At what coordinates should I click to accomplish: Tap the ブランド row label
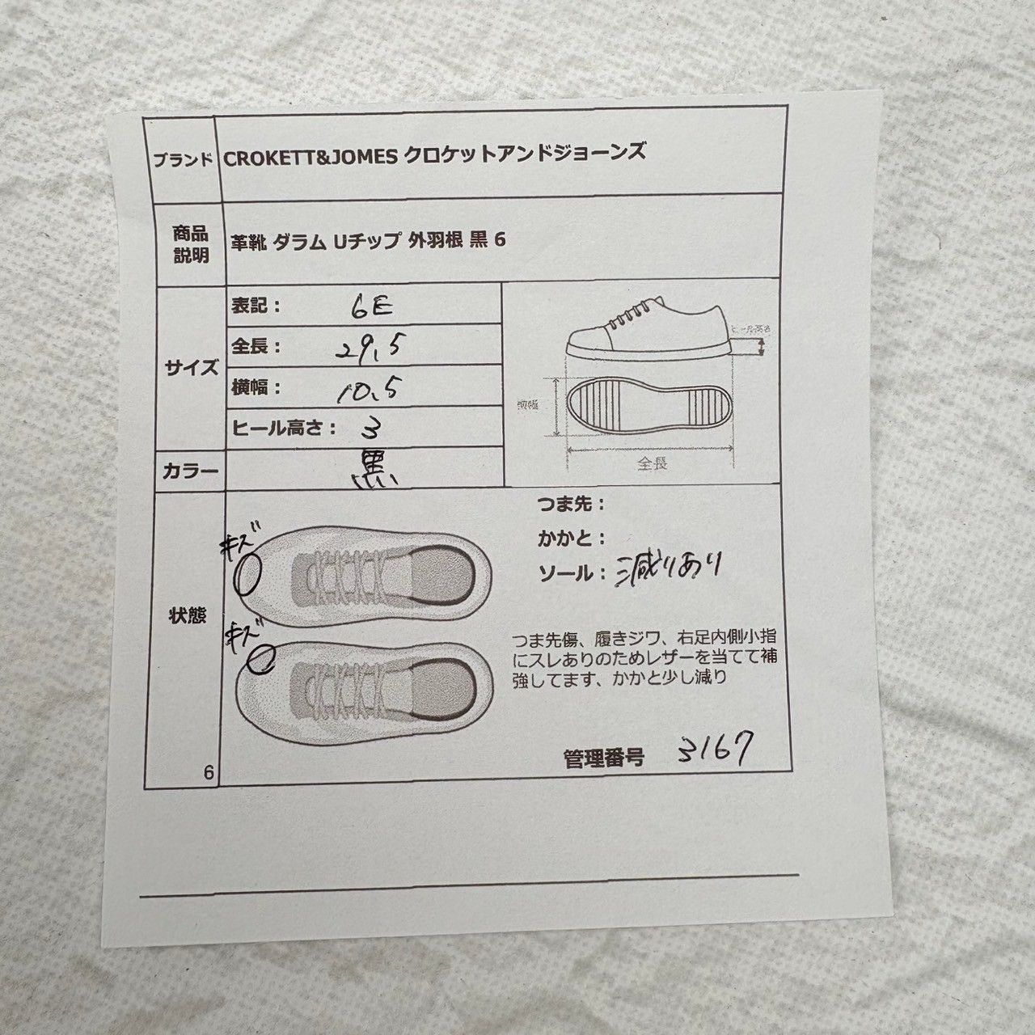click(183, 159)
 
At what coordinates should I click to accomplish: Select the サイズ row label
click(190, 368)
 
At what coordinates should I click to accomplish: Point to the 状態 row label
click(187, 616)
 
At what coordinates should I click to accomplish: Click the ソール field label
click(569, 574)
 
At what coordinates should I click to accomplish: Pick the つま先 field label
click(569, 505)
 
